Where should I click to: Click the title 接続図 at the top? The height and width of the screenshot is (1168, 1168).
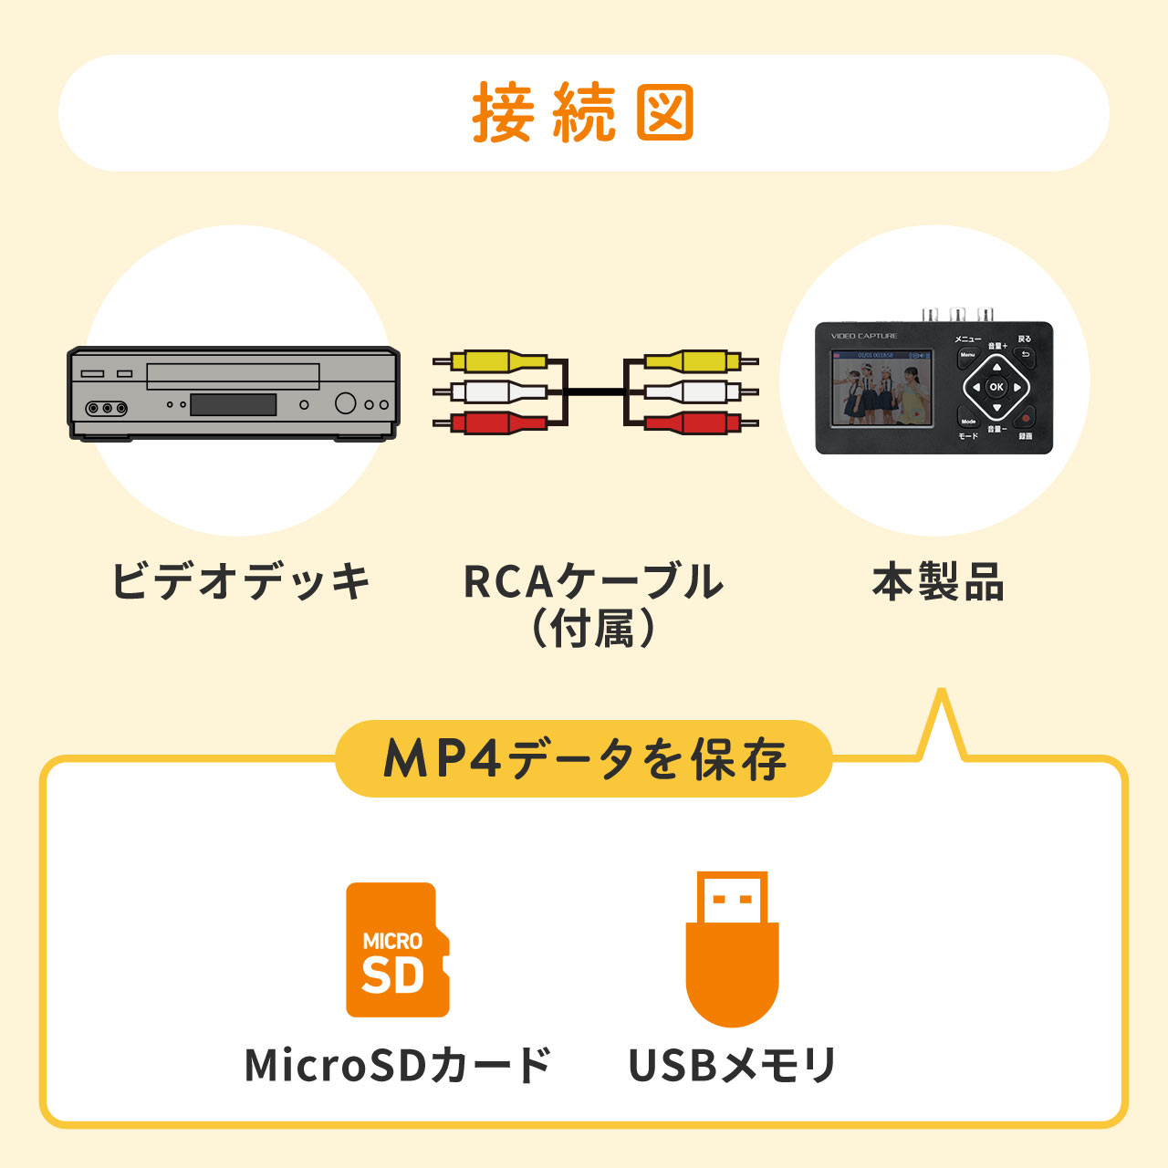point(583,113)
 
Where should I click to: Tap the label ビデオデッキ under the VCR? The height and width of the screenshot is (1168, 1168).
point(240,581)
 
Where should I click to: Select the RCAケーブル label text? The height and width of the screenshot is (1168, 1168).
point(593,582)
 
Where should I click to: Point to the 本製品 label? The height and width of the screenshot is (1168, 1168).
point(938,582)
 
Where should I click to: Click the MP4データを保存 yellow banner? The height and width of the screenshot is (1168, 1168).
point(584,758)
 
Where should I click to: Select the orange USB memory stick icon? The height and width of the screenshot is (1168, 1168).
point(732,949)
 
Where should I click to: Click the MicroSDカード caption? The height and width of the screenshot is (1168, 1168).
point(398,1065)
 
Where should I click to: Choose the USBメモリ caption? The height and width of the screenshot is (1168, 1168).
point(732,1065)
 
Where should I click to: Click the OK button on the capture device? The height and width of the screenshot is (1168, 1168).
point(996,387)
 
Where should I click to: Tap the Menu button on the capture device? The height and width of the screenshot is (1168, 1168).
point(967,355)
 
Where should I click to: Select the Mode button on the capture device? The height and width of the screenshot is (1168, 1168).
point(968,421)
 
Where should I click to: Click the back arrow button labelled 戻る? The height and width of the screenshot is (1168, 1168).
point(1025,355)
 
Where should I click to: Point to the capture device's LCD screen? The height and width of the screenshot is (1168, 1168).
point(881,388)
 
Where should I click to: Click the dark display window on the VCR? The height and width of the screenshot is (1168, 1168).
point(233,404)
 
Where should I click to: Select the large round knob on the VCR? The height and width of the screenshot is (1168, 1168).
point(345,402)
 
